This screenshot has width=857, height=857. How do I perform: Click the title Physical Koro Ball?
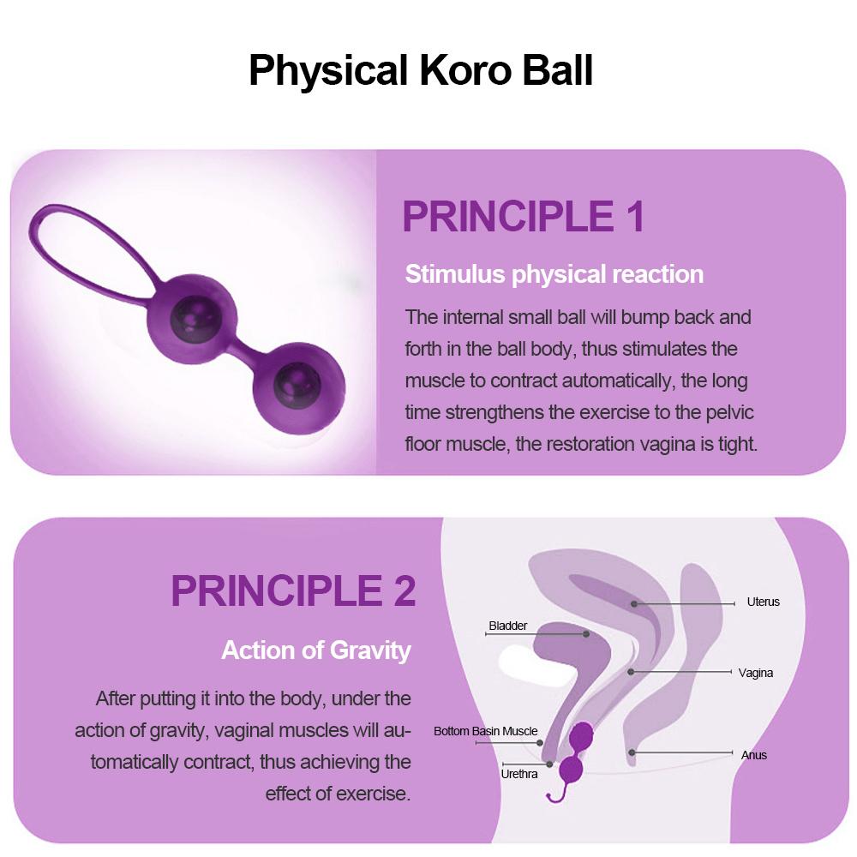coord(421,70)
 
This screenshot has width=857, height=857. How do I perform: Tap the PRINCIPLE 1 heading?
coord(523,217)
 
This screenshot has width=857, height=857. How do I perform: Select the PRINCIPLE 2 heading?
coord(293,590)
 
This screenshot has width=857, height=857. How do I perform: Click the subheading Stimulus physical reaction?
coord(554,274)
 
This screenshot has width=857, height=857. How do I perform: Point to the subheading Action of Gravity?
coord(316,650)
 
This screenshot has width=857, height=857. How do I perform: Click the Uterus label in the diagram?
coord(763,602)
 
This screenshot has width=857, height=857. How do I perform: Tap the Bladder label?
coord(508,626)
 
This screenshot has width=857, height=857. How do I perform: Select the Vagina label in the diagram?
coord(755,673)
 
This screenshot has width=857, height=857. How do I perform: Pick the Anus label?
coord(753,755)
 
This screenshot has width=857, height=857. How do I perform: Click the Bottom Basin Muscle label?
coord(485,731)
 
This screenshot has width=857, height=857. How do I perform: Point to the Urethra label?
coord(519,774)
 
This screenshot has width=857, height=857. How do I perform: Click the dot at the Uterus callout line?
coord(634,604)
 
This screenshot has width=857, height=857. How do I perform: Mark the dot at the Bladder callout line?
coord(586,634)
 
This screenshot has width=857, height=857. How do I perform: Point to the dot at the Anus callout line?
coord(632,752)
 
